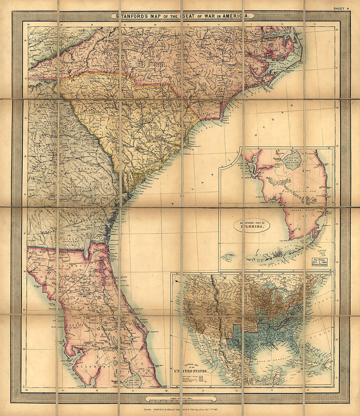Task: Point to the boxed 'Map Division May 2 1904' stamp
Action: point(322,262)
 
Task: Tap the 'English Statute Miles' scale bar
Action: point(181,399)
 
